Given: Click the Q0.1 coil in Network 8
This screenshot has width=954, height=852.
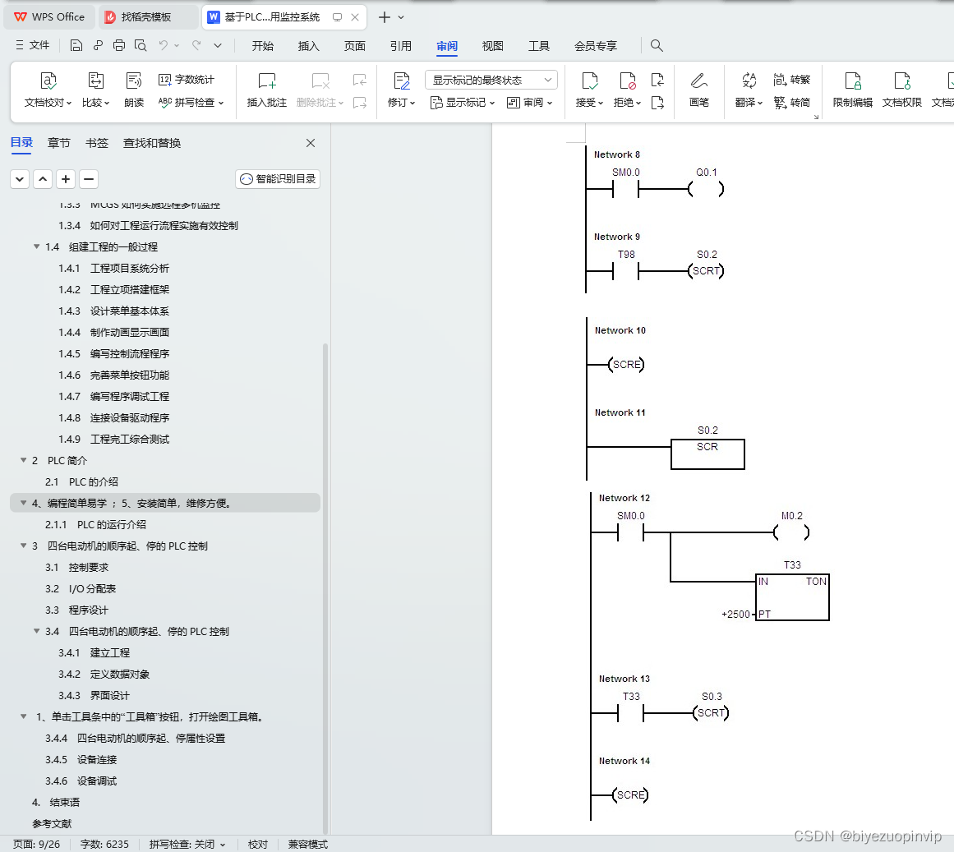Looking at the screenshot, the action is click(706, 189).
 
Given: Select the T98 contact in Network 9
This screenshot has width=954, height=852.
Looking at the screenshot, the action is click(626, 271).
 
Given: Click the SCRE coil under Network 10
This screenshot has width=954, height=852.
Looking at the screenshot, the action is click(626, 365).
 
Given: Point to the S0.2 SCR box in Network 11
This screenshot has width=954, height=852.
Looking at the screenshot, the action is click(707, 453).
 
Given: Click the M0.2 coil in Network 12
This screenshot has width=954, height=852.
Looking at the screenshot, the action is click(791, 532).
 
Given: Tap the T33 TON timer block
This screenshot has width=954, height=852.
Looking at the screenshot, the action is click(792, 597).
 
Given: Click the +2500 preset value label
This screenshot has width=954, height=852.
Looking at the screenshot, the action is click(735, 615).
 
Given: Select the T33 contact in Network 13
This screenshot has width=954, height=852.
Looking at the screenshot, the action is click(630, 713).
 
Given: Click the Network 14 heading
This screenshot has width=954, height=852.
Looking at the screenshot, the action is click(624, 761).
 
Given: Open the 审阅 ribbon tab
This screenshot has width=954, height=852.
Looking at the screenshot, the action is click(447, 46).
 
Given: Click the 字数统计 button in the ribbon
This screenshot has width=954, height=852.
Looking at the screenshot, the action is click(187, 80).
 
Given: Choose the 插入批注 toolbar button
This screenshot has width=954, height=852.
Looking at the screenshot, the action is click(267, 90).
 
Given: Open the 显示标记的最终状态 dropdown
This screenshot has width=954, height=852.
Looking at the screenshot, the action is click(491, 80).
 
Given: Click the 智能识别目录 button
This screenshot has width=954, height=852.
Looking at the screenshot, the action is click(278, 179).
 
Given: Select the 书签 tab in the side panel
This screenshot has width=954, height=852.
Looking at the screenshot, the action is click(97, 143).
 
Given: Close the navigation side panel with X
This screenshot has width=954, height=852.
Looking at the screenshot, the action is click(311, 143).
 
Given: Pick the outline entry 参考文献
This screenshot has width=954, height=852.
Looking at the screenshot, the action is click(52, 824).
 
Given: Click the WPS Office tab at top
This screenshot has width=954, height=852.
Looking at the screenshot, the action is click(50, 17).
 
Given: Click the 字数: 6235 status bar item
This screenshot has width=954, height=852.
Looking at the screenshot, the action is click(104, 845).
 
